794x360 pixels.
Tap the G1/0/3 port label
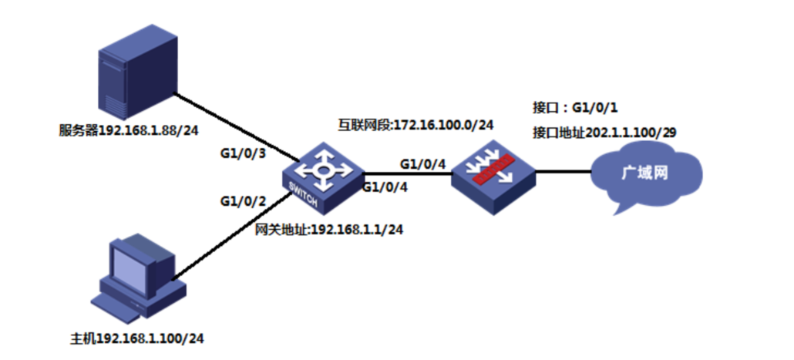[x=243, y=153]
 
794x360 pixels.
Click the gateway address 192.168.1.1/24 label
[x=329, y=229]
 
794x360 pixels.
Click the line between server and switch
[x=231, y=126]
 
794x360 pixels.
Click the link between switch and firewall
[x=405, y=173]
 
